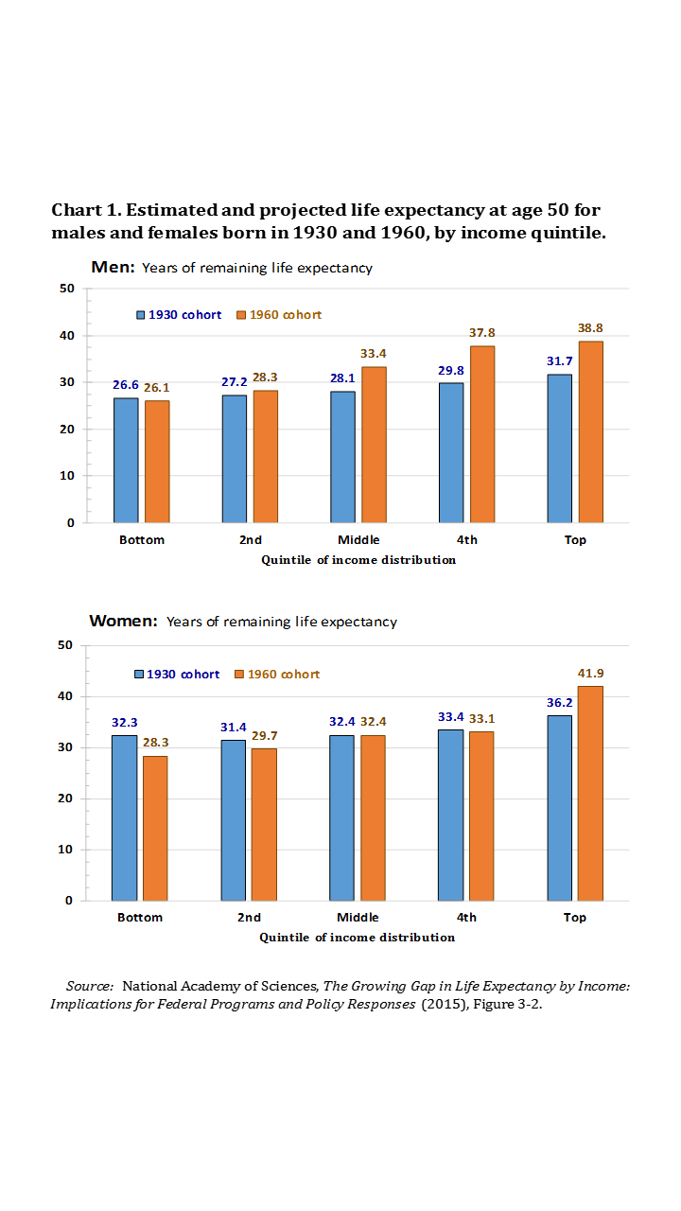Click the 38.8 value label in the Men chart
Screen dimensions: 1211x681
point(590,328)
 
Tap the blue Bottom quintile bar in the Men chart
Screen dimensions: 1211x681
point(126,460)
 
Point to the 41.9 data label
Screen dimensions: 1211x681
point(590,674)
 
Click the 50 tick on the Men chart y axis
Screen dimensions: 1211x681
point(67,289)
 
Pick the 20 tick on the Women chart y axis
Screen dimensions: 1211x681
point(65,799)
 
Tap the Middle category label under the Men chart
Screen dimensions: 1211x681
point(358,540)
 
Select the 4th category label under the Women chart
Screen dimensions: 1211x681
point(466,918)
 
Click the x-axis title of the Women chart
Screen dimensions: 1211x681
point(358,938)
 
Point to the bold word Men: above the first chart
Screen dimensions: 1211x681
point(113,267)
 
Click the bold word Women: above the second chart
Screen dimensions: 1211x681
point(123,622)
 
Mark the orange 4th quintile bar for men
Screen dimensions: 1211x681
point(482,433)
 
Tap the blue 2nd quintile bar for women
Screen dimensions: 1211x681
point(234,819)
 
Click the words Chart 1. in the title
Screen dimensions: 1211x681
point(85,209)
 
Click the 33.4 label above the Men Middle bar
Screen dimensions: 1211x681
point(374,353)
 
